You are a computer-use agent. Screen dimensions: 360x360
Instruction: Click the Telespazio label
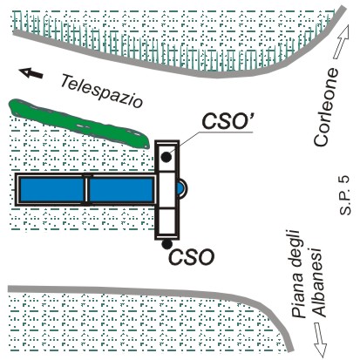(x=101, y=91)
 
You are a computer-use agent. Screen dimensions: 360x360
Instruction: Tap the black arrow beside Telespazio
(x=31, y=73)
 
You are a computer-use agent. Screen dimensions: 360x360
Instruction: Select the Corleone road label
(x=326, y=107)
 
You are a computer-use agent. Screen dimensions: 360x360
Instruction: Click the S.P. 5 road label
(x=345, y=195)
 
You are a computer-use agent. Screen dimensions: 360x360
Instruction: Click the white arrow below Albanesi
(x=320, y=339)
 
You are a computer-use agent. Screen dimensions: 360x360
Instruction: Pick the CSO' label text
(x=228, y=121)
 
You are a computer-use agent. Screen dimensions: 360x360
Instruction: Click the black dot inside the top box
(x=166, y=157)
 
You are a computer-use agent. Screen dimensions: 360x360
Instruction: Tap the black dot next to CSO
(x=166, y=244)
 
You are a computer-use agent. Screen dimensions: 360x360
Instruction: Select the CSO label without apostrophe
(x=192, y=257)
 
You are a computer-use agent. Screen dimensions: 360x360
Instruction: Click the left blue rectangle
(x=51, y=190)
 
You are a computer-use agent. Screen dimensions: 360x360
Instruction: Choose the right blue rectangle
(x=121, y=190)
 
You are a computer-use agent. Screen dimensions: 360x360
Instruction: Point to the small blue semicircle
(x=180, y=189)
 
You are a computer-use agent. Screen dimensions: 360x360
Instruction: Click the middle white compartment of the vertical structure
(x=166, y=189)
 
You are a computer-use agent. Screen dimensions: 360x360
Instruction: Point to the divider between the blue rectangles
(x=86, y=190)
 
